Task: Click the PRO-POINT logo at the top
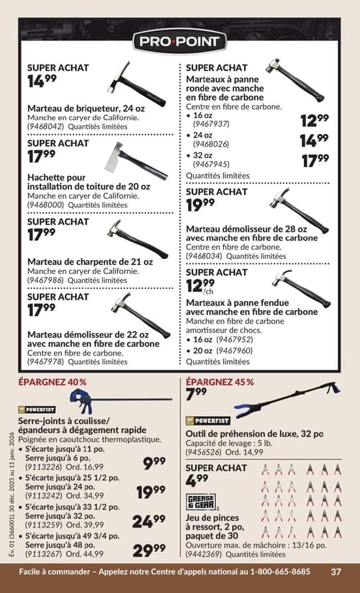click(180, 41)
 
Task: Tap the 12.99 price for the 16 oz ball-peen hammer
click(315, 120)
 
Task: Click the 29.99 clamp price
click(149, 550)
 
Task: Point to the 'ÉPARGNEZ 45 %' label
click(220, 382)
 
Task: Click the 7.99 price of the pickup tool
click(197, 394)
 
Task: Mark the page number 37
click(336, 572)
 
